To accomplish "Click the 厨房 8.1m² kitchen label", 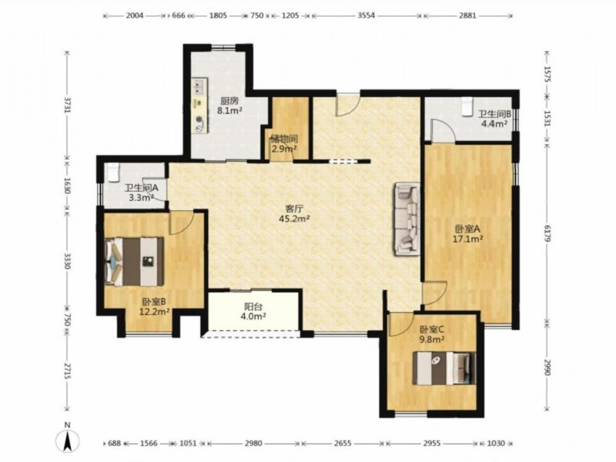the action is [229, 105].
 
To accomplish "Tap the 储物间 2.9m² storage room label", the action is [284, 143].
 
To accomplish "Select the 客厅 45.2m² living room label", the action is [294, 213].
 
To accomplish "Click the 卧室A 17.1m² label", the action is [468, 233].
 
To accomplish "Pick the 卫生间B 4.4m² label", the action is [494, 119].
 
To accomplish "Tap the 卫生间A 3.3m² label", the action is [142, 192].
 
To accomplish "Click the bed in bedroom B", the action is [135, 261].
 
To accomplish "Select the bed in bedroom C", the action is [444, 368].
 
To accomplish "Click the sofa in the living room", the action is [407, 219].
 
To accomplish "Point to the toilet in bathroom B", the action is [467, 106].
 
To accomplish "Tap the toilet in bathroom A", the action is [113, 172].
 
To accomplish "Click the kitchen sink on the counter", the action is [199, 86].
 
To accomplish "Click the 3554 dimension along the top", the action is [367, 15].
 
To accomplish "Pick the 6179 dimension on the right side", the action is [547, 234].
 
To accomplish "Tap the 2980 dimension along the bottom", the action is [253, 444].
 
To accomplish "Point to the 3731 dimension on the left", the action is [67, 105].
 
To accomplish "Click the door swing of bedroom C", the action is [401, 325].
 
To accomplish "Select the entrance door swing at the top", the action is [348, 105].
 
